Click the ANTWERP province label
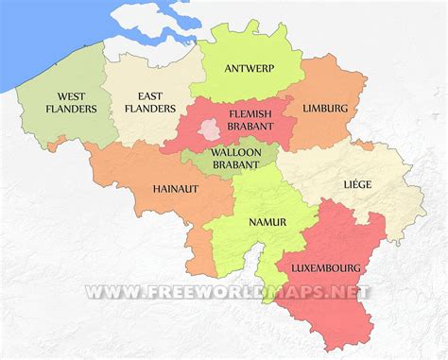tap(250, 68)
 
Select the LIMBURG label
tap(325, 109)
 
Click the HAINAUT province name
tap(176, 188)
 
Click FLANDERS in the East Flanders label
tap(157, 109)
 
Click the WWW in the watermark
tap(109, 292)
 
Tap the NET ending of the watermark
tap(351, 292)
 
